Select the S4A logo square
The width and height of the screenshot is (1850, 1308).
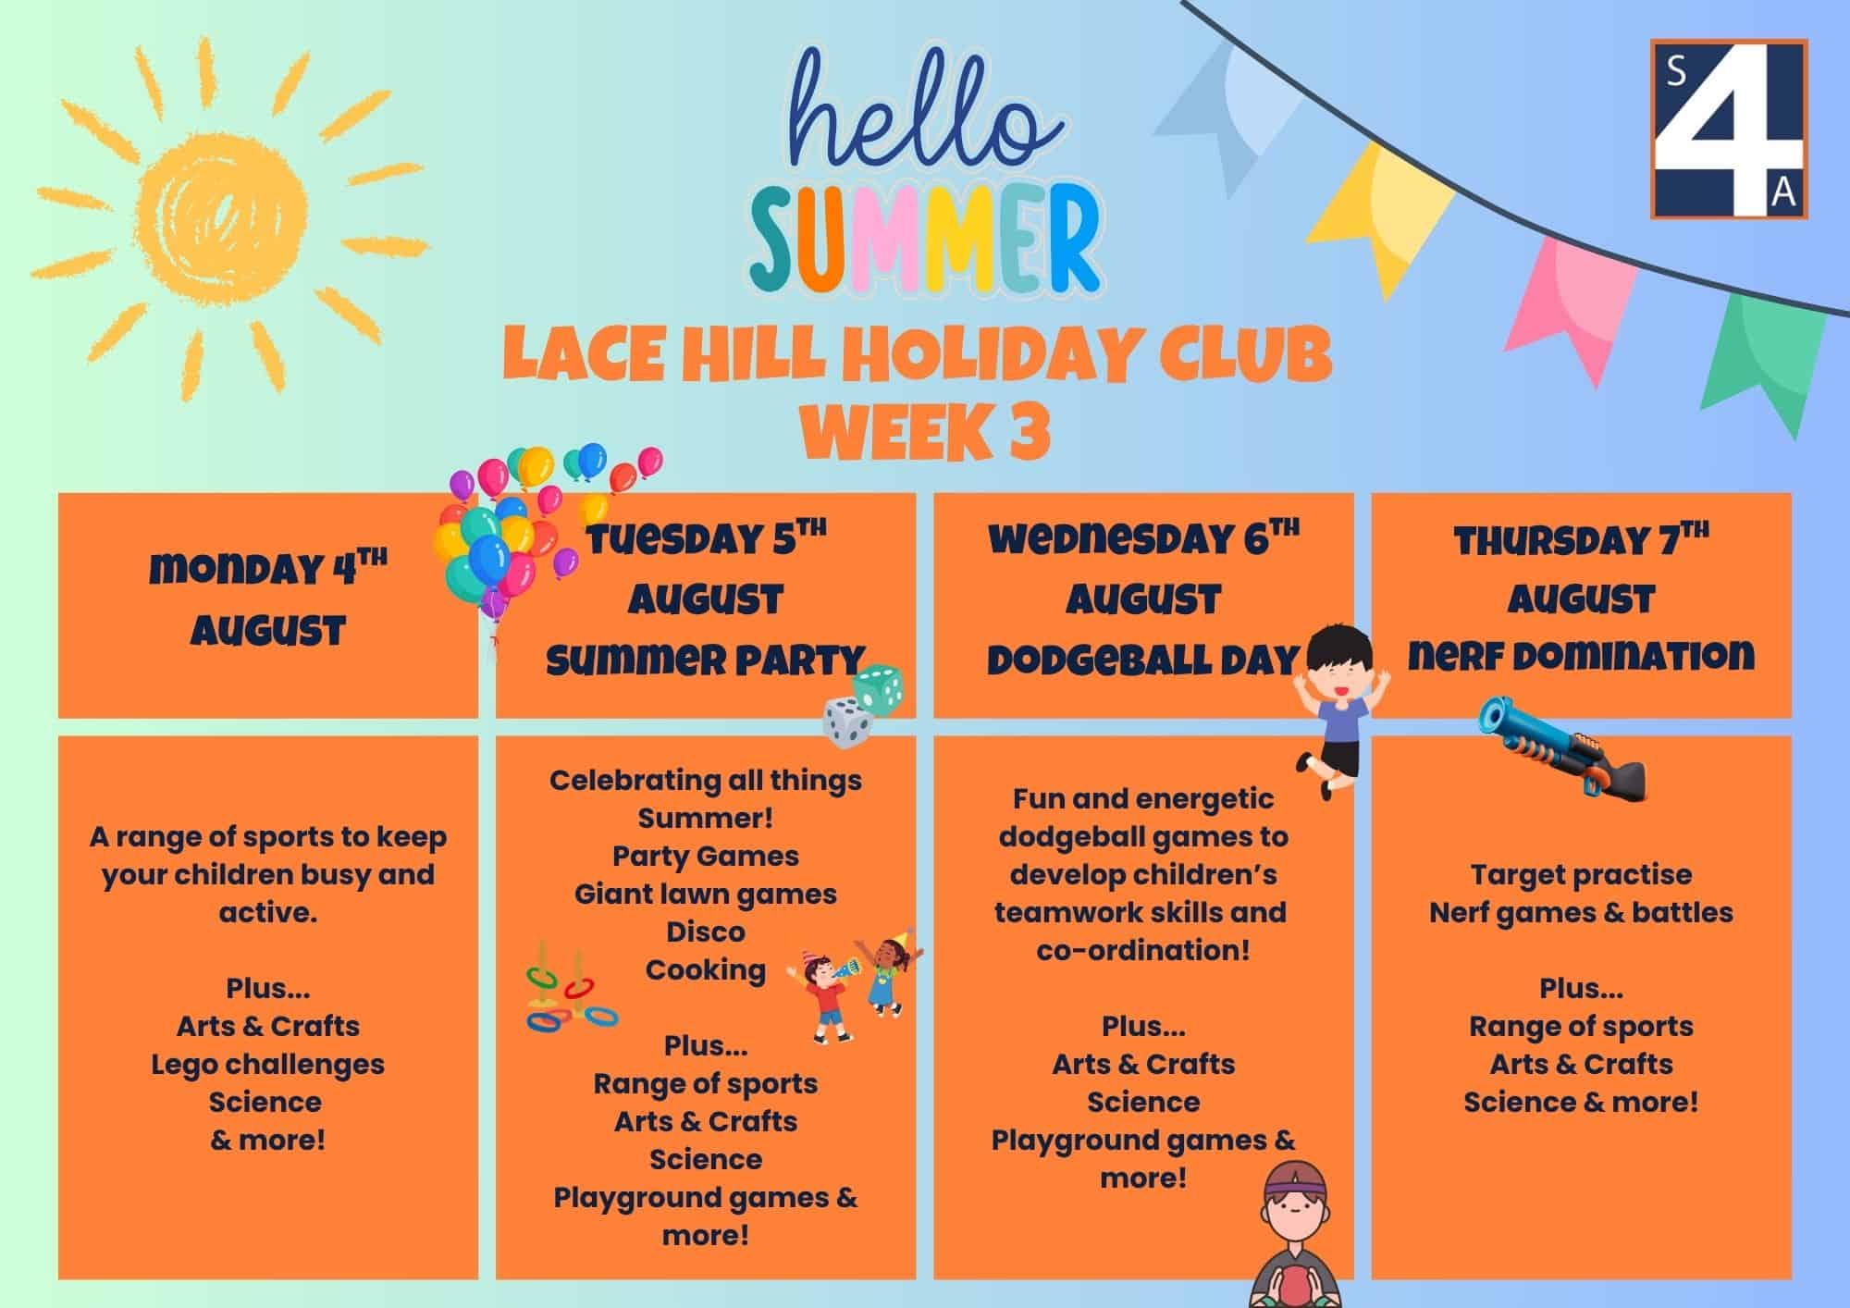(1729, 129)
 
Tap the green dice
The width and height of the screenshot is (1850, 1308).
(877, 689)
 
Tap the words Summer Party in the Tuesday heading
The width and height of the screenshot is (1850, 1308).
(706, 660)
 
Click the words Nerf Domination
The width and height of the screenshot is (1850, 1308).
(1581, 656)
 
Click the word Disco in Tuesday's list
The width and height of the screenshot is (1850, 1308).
(705, 932)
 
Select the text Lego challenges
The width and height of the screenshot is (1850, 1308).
(267, 1065)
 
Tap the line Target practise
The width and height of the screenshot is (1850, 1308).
(1581, 875)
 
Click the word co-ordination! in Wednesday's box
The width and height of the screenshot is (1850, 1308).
(1143, 950)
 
